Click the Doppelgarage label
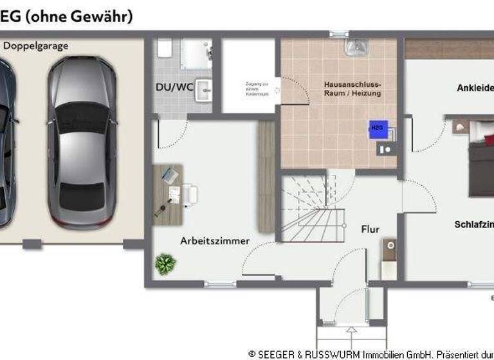tap(36, 46)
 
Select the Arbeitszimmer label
tap(215, 241)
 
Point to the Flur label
tap(370, 229)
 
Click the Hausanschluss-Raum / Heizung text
tap(352, 89)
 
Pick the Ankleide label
tap(475, 88)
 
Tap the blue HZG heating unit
tap(376, 129)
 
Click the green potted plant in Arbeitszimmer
tap(165, 264)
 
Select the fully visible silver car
tap(82, 141)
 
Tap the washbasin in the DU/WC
tap(204, 91)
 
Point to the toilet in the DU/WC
tap(164, 48)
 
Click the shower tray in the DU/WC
tap(196, 54)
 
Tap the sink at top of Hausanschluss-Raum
tap(353, 47)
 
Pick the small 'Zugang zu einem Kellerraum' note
tap(255, 89)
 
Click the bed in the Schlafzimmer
tap(482, 161)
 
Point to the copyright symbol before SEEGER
tap(252, 354)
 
